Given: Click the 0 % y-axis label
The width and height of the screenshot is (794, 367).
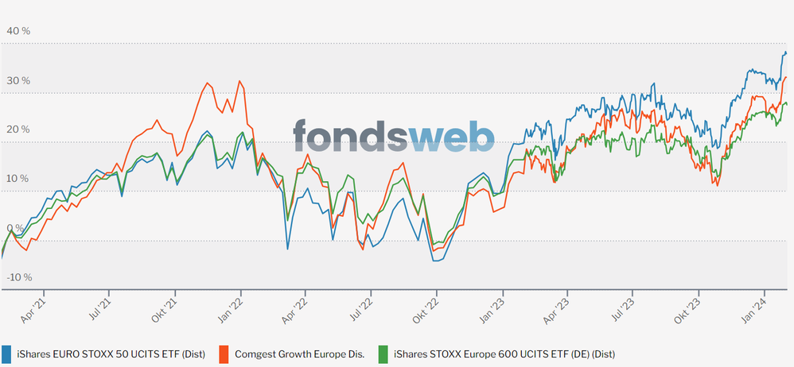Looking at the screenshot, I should (x=14, y=228).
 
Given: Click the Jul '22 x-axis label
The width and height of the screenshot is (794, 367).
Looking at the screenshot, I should (x=366, y=310).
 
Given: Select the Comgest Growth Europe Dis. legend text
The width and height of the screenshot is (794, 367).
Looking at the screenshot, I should (x=300, y=353).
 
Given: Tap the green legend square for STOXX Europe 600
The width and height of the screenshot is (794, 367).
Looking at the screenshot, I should (x=383, y=353).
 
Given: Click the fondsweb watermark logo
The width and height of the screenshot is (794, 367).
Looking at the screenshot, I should (x=393, y=135).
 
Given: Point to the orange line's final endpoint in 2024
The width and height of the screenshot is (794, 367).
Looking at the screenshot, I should (x=786, y=77).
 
